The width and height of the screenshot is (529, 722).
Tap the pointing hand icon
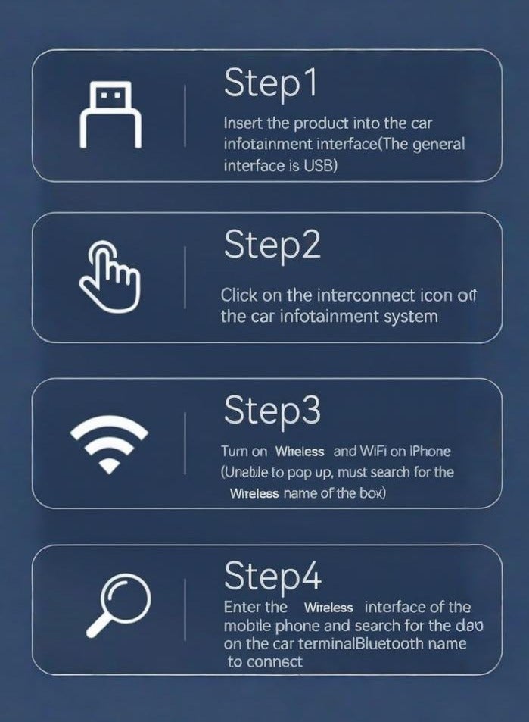click(110, 278)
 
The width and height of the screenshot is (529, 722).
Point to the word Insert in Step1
click(241, 123)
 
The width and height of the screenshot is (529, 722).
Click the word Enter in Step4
click(244, 608)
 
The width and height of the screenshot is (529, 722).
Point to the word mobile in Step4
click(247, 627)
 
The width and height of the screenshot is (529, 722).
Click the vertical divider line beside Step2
click(185, 277)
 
